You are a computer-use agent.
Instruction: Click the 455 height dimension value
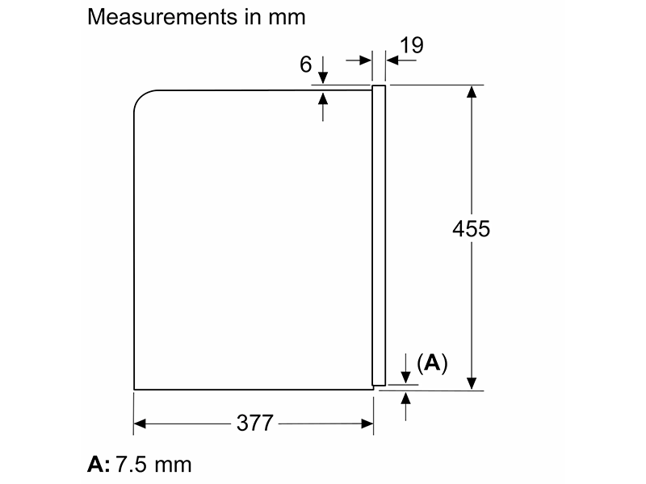tap(472, 228)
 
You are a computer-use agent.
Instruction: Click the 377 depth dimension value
tap(254, 423)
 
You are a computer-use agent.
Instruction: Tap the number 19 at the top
tap(411, 45)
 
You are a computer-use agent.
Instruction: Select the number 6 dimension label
tap(306, 65)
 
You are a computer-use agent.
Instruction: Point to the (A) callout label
tap(432, 362)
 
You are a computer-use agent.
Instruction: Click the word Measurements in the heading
tap(162, 17)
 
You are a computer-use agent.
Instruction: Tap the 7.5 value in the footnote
tap(131, 465)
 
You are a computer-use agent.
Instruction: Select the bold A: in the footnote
tap(99, 465)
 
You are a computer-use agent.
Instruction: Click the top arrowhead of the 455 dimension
tap(472, 91)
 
